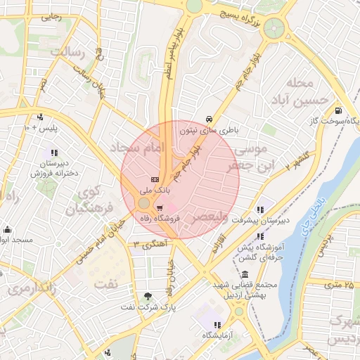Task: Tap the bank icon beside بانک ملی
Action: click(x=155, y=179)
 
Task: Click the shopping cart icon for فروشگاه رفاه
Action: click(x=160, y=208)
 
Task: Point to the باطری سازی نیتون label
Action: click(x=209, y=130)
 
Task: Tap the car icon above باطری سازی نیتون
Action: click(x=209, y=119)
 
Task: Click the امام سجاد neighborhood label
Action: click(x=137, y=148)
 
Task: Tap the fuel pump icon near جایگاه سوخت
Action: click(x=339, y=110)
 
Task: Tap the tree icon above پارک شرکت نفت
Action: click(x=147, y=296)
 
